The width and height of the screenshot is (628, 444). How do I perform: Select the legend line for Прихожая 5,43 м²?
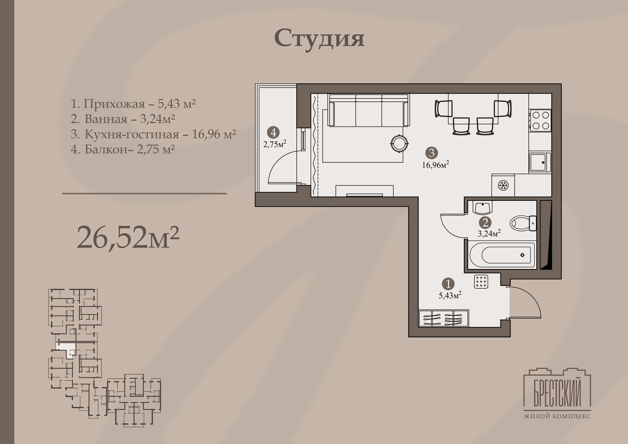coord(133,104)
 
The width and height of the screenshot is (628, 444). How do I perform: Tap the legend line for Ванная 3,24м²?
coord(123,119)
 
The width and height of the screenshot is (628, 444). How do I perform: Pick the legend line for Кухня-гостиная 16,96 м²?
coord(153,134)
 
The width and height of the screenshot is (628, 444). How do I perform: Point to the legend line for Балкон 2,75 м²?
coord(123,149)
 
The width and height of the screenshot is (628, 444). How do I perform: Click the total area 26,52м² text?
coord(128,237)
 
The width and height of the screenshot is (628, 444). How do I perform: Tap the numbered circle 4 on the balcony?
coord(273,132)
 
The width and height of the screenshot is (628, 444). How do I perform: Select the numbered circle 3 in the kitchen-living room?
coord(432,153)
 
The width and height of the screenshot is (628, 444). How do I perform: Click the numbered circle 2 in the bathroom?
coord(485,223)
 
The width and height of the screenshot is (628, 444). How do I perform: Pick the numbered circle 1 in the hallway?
coord(448,284)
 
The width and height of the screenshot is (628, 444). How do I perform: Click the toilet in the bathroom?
coord(523,223)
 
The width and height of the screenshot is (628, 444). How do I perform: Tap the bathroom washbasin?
coord(482,208)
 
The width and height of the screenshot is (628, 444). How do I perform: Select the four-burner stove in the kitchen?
coord(540,120)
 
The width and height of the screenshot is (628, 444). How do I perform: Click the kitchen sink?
coord(540,162)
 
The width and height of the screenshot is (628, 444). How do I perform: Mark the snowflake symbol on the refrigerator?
coord(503,185)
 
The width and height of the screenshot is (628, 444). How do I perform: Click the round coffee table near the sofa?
coord(399,144)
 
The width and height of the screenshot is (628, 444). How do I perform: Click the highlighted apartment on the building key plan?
coord(67,349)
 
